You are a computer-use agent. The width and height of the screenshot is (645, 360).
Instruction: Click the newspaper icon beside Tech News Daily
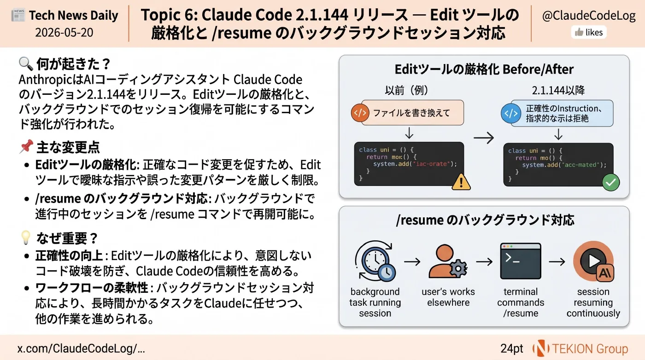(x=18, y=15)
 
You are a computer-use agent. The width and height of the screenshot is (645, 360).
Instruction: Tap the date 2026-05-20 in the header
(x=64, y=33)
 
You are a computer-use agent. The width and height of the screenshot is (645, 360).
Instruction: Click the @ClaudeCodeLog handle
(x=589, y=16)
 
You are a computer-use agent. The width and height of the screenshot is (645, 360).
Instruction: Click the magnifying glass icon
(x=26, y=64)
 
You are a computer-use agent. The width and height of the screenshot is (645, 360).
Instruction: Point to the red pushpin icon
(x=26, y=146)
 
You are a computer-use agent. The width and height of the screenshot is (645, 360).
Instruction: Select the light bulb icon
(x=26, y=238)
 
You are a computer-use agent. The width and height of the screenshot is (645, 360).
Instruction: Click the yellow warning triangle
(x=461, y=182)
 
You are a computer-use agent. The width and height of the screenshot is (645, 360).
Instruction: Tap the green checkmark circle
(x=611, y=182)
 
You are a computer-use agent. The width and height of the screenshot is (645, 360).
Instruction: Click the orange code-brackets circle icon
(x=360, y=113)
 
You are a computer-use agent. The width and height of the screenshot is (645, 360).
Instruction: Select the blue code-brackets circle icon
(x=511, y=113)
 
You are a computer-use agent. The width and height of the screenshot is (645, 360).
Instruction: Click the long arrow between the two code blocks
(x=484, y=138)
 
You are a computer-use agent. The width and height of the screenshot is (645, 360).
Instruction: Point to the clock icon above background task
(x=375, y=261)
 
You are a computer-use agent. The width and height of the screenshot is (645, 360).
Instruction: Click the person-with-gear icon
(x=448, y=261)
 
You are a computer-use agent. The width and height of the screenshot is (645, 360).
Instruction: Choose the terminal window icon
(x=521, y=261)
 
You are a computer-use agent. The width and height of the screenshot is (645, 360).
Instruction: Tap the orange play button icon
(x=593, y=261)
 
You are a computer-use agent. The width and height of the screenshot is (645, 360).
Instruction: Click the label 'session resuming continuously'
(x=593, y=302)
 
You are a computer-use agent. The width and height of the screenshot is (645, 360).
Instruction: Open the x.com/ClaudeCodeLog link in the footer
(x=81, y=348)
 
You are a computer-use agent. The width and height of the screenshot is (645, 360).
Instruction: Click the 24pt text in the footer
(x=512, y=348)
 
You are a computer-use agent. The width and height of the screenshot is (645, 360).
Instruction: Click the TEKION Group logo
(x=580, y=348)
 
